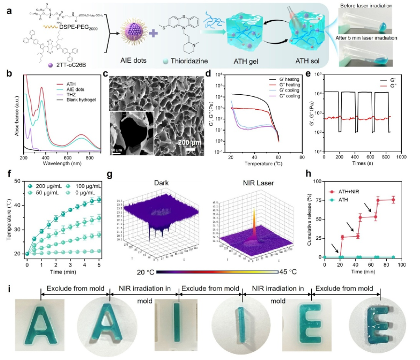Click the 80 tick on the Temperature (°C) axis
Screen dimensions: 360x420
[302, 157]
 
